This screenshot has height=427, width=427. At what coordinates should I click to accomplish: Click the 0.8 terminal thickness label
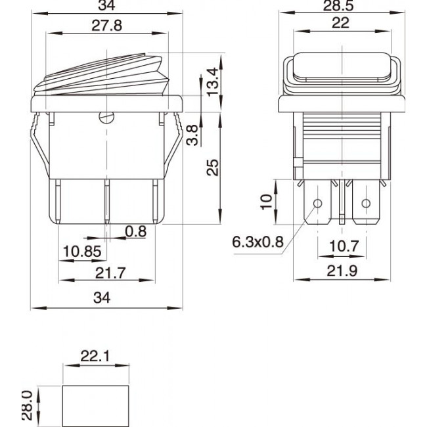[x=136, y=231]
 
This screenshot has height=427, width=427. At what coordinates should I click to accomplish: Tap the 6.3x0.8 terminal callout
[x=258, y=242]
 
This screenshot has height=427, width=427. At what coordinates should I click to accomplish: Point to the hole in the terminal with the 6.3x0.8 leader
[x=319, y=203]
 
